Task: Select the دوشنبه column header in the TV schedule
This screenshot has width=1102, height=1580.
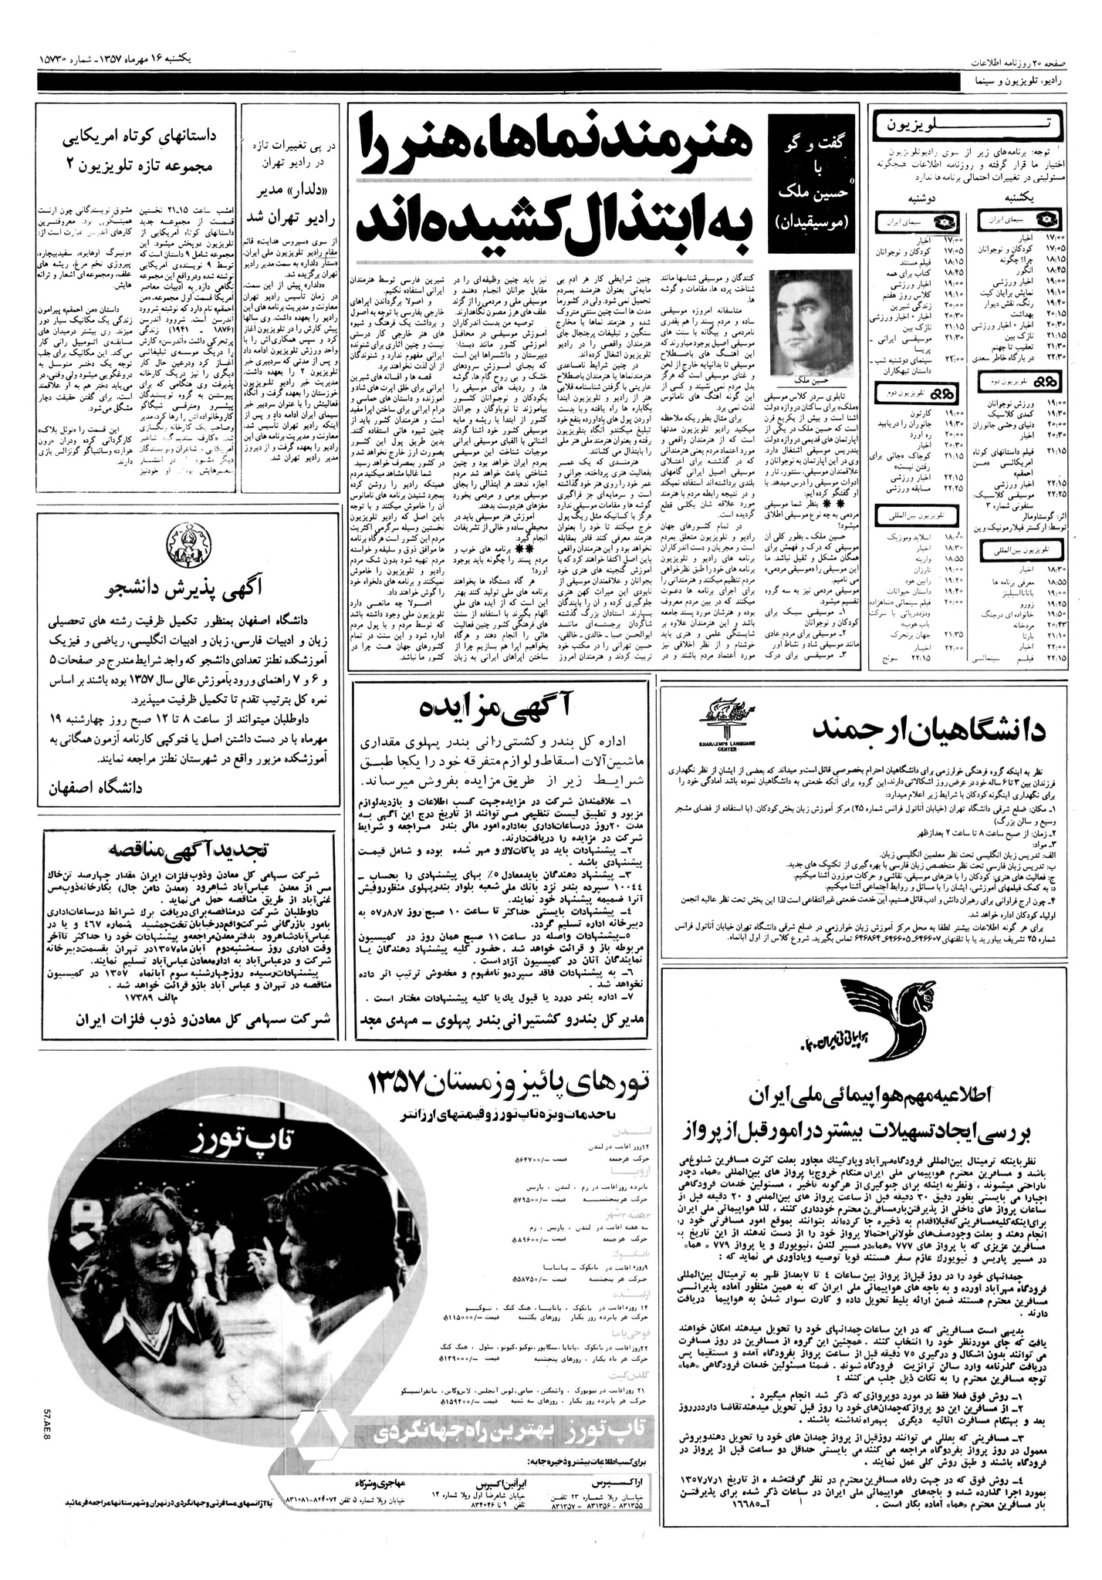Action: click(x=921, y=197)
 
